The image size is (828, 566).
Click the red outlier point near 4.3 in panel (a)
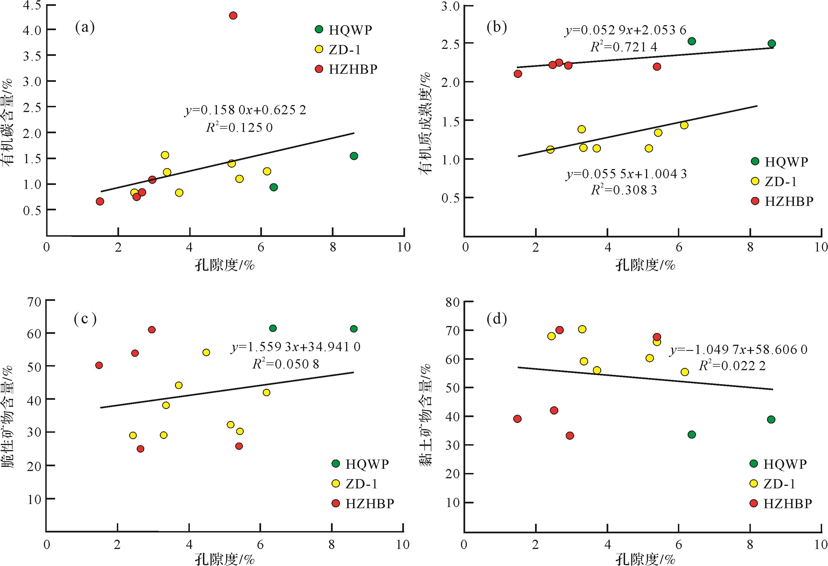(233, 15)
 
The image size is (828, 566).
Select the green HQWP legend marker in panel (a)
(319, 29)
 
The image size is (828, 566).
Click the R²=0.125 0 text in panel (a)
(239, 127)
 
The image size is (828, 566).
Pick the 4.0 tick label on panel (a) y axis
(32, 30)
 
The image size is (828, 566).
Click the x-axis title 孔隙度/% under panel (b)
(645, 265)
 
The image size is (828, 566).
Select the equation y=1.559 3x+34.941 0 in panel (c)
(296, 346)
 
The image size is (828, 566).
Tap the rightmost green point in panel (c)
(354, 329)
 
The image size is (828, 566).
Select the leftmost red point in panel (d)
(518, 418)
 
